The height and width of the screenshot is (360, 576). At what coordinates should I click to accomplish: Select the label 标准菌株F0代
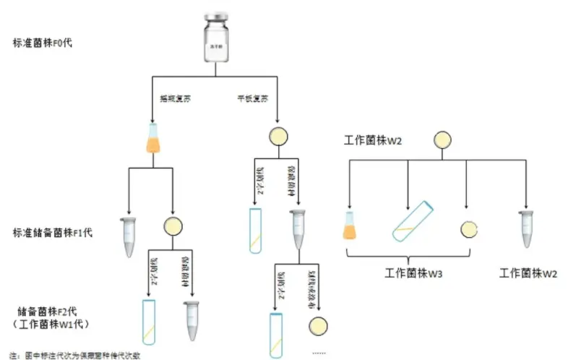[x=42, y=43]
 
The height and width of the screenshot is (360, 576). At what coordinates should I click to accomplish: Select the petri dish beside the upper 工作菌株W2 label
[x=442, y=140]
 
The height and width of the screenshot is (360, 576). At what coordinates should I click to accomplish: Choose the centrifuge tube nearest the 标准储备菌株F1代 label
[x=129, y=237]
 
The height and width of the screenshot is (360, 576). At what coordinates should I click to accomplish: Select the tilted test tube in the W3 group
[x=413, y=222]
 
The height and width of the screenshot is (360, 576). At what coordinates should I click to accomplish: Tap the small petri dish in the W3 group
[x=468, y=229]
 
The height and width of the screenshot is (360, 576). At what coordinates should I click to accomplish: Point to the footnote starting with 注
[x=75, y=355]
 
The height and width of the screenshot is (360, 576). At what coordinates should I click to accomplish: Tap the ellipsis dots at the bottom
[x=319, y=353]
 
